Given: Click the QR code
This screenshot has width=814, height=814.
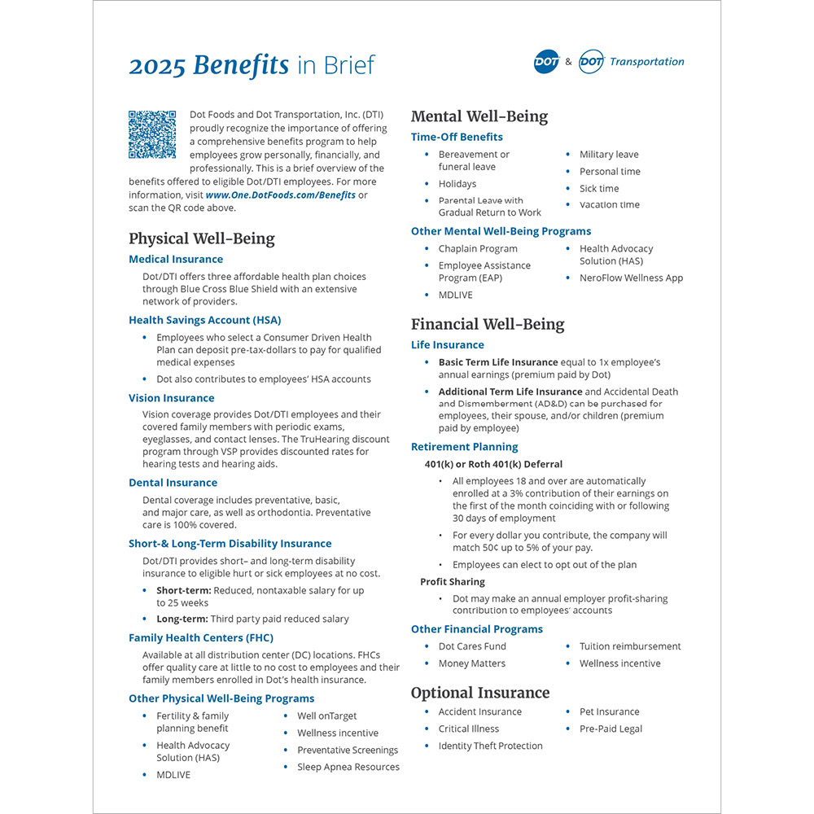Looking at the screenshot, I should coord(152,134).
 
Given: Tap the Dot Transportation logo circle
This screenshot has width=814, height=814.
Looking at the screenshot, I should coord(591,62).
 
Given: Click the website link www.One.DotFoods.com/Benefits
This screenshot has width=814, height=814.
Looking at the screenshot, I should coord(281,195).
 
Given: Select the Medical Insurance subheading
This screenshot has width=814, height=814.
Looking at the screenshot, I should coord(176,260).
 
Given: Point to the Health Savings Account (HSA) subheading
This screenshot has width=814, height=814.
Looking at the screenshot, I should coord(205,321).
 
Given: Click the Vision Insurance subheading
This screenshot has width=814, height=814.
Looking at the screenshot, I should coord(172,398).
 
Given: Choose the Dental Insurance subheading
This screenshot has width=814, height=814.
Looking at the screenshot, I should coord(173,483).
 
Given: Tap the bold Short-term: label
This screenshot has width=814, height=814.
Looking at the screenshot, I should coord(184,590).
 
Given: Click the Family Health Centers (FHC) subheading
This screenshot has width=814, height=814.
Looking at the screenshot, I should coord(201,638).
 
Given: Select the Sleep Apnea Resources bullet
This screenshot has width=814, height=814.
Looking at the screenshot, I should coord(348,767).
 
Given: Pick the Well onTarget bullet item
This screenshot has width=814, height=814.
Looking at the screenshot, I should coord(327,716).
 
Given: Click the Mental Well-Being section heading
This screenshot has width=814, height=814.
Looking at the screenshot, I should coord(479,116).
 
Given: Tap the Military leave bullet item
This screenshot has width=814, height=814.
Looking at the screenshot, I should coord(609,155).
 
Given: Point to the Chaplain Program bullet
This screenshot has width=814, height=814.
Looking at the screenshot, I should coord(478,249).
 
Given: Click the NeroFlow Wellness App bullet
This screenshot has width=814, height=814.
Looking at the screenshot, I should coord(631,278).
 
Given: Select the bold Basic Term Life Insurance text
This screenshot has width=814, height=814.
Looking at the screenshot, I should coord(498,362).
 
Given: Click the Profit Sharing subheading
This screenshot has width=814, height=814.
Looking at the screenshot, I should coord(453,582).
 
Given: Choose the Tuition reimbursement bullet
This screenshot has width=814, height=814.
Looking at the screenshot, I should coord(630,646).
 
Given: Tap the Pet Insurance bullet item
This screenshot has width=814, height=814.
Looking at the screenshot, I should coord(610,712).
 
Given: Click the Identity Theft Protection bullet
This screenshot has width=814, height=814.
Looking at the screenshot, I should coord(490,746).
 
